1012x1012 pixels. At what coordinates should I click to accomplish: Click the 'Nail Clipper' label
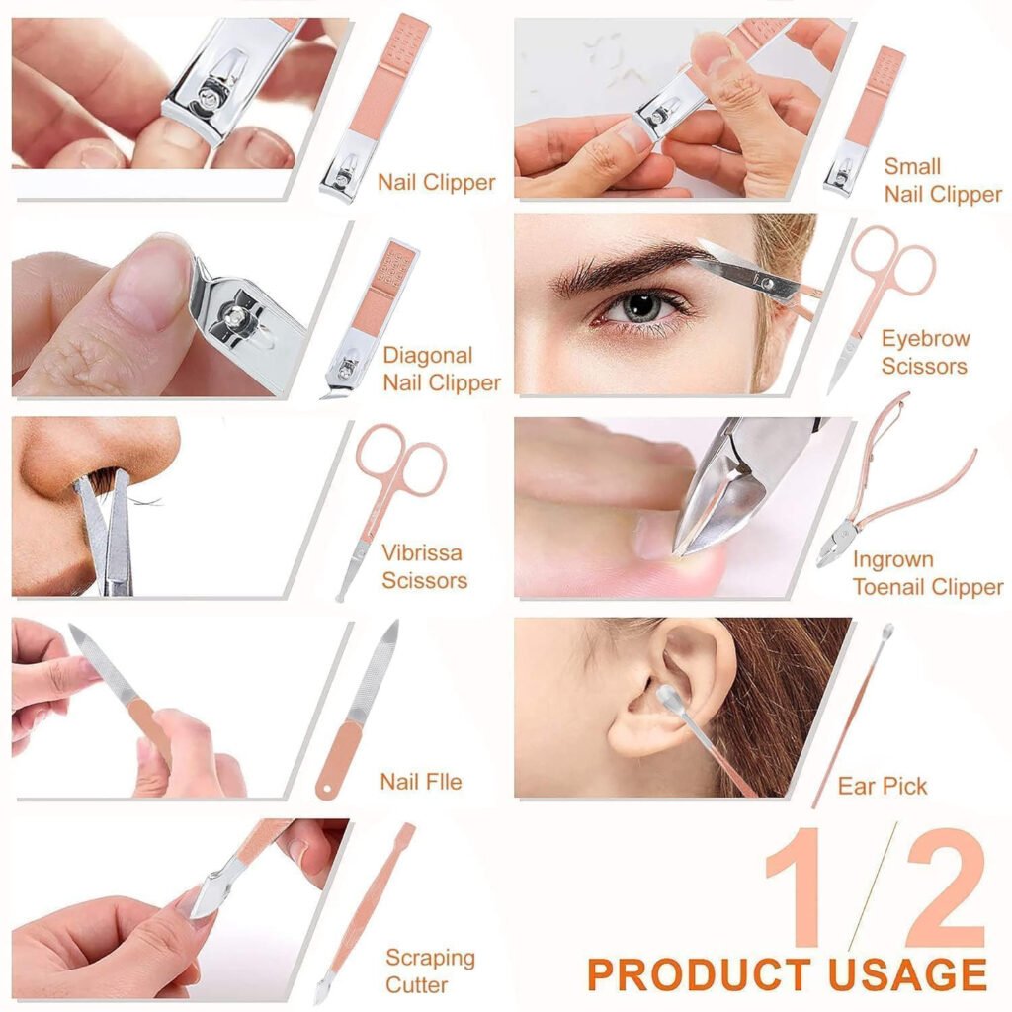[436, 183]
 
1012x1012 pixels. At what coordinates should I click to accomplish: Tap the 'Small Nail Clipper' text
[942, 180]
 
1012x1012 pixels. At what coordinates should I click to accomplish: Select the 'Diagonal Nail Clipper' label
[442, 369]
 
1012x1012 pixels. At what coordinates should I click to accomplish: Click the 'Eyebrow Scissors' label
[925, 353]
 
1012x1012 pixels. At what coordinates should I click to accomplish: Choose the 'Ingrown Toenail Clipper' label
[927, 574]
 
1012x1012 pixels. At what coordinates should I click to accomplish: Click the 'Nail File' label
[420, 782]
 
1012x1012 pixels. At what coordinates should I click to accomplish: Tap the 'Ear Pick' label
[882, 787]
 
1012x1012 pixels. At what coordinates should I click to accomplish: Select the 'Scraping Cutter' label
[430, 970]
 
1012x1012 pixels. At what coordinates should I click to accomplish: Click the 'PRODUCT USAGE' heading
[787, 974]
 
